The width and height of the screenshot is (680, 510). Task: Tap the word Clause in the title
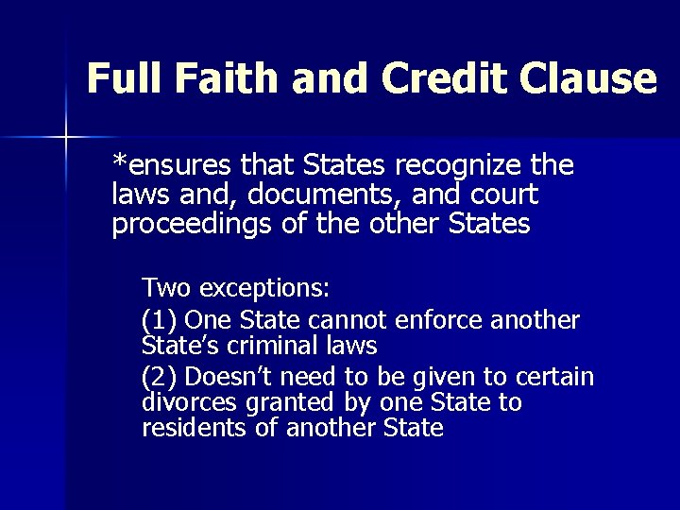tap(599, 79)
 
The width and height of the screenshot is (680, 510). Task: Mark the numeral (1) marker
tap(160, 320)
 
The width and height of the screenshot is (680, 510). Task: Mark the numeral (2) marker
tap(160, 378)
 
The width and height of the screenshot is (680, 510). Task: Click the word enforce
tap(442, 320)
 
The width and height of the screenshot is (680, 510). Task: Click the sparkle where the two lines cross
tap(66, 138)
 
